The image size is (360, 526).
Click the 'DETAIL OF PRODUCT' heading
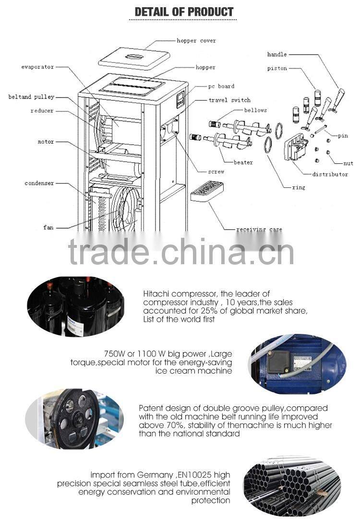[x=184, y=12]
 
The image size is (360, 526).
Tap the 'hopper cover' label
[x=196, y=41]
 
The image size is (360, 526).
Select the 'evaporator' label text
[x=37, y=67]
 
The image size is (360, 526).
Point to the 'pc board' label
[x=221, y=86]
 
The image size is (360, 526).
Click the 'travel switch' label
[x=229, y=100]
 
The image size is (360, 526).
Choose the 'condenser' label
[x=39, y=183]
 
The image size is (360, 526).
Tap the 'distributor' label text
[x=330, y=174]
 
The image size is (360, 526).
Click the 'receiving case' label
[x=259, y=230]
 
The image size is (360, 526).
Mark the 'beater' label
[x=243, y=162]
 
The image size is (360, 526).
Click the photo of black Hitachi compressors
[x=75, y=306]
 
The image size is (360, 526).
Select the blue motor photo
[x=297, y=364]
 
